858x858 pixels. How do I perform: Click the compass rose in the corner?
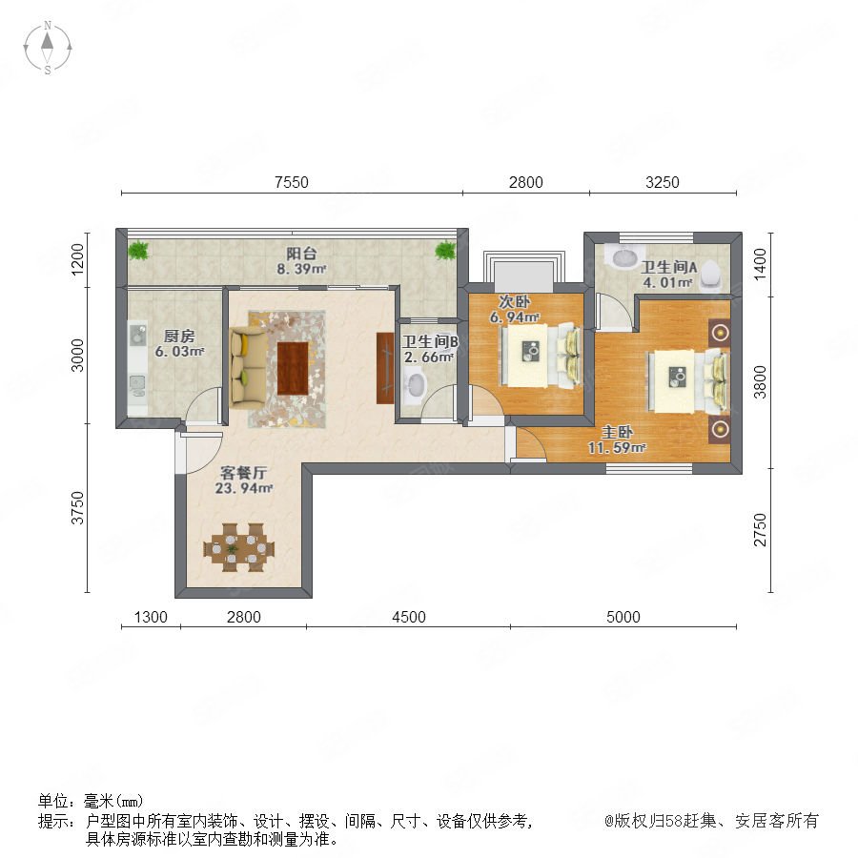pyautogui.click(x=48, y=48)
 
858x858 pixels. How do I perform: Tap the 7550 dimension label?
pyautogui.click(x=292, y=182)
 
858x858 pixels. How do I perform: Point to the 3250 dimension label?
pyautogui.click(x=663, y=182)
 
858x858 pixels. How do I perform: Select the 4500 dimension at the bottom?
pyautogui.click(x=409, y=617)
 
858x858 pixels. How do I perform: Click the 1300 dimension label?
pyautogui.click(x=151, y=617)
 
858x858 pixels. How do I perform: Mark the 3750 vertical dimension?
pyautogui.click(x=78, y=508)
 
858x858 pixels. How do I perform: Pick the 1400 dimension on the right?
pyautogui.click(x=760, y=264)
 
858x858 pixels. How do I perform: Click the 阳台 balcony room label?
pyautogui.click(x=301, y=254)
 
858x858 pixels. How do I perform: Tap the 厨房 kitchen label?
pyautogui.click(x=179, y=336)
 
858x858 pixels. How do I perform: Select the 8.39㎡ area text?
pyautogui.click(x=301, y=269)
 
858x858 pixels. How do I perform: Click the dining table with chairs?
pyautogui.click(x=239, y=547)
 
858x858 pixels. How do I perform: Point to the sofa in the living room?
pyautogui.click(x=249, y=367)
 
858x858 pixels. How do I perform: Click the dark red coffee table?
pyautogui.click(x=293, y=368)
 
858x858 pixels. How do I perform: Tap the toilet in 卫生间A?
pyautogui.click(x=711, y=275)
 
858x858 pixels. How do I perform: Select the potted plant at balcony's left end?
pyautogui.click(x=138, y=250)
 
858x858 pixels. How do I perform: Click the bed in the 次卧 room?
pyautogui.click(x=540, y=356)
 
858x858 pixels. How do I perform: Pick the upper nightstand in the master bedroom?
pyautogui.click(x=720, y=333)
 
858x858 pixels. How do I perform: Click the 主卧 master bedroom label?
pyautogui.click(x=617, y=432)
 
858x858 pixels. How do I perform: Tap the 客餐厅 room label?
pyautogui.click(x=243, y=472)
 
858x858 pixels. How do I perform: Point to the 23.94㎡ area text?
pyautogui.click(x=243, y=487)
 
